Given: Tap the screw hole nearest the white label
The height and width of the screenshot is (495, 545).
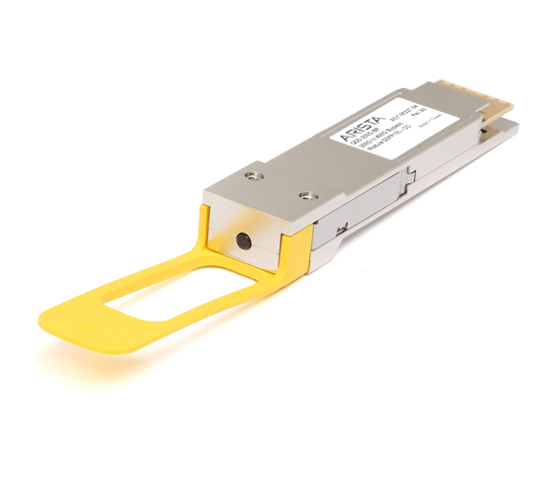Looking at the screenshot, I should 307,170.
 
